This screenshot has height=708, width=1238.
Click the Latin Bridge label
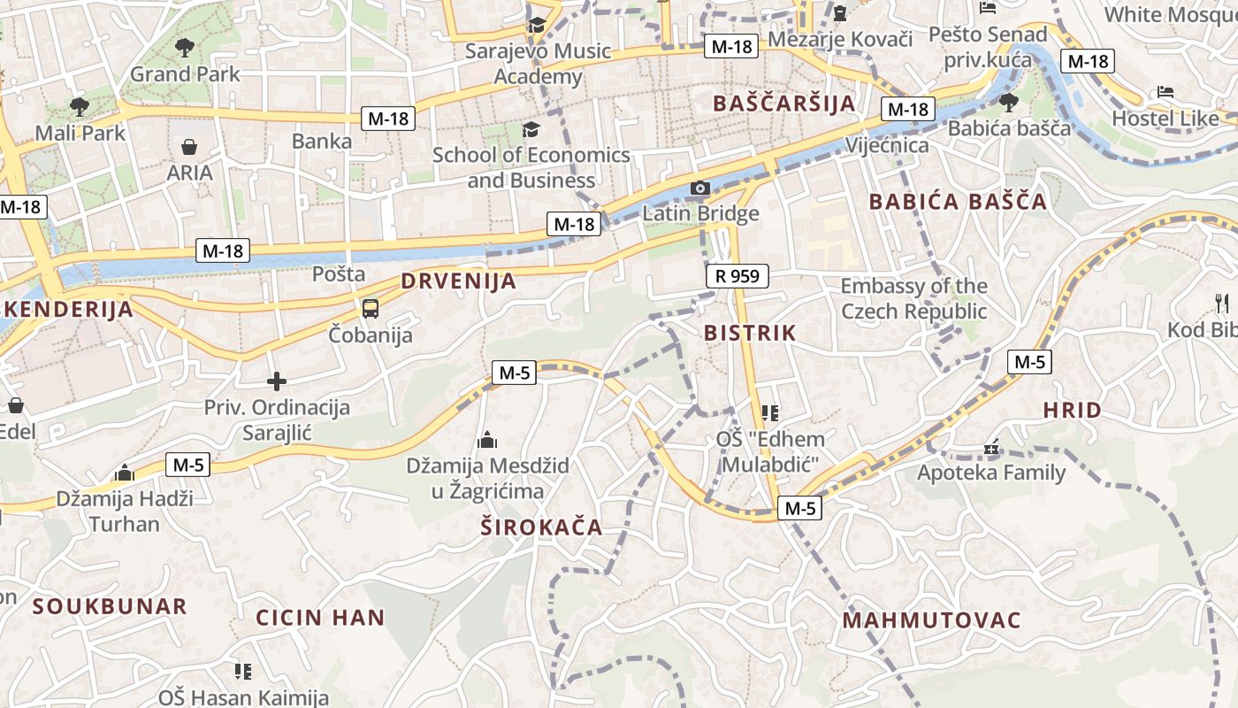(700, 213)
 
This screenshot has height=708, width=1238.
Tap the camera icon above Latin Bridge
(699, 188)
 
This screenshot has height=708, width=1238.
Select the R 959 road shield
(737, 276)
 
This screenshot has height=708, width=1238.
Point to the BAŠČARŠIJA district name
(784, 103)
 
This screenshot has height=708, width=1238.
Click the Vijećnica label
(887, 145)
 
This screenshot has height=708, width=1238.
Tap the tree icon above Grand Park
(184, 48)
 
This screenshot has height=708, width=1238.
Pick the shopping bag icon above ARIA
(188, 146)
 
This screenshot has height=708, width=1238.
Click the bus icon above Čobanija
(370, 309)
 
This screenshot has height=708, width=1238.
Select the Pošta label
(339, 274)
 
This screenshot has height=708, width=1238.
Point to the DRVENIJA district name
(458, 281)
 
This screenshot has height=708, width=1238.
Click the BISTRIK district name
(750, 333)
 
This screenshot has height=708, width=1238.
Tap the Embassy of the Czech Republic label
(913, 299)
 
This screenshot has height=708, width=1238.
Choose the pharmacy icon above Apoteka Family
(991, 448)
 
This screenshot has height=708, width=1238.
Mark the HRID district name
(1072, 410)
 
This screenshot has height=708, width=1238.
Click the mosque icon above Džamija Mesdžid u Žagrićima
(487, 440)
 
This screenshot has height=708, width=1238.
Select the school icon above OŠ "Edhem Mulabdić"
(769, 412)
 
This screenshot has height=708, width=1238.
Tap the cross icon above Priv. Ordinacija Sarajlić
(277, 381)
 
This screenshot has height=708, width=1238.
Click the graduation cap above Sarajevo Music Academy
(537, 26)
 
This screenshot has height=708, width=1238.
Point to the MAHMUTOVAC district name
(931, 619)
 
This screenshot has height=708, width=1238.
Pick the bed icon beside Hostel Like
(1165, 92)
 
